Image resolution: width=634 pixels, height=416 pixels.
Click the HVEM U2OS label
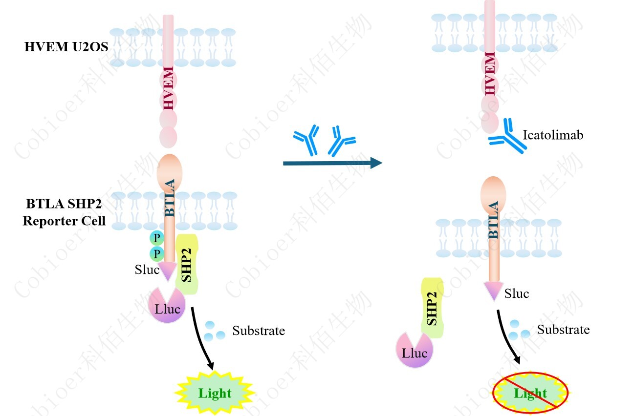pos(66,47)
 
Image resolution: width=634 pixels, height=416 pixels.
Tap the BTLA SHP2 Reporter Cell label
pos(64,212)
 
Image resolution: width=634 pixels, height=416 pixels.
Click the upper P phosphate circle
pos(156,238)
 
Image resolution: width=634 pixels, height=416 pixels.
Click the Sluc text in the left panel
pos(147,270)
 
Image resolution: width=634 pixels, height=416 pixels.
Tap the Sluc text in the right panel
pos(517,293)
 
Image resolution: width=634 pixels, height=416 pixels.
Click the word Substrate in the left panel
pos(259,331)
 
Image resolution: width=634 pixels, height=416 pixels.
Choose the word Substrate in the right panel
pos(563,330)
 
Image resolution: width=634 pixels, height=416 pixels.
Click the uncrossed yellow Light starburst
pos(215,392)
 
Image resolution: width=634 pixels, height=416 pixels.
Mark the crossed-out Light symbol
pos(530,393)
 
